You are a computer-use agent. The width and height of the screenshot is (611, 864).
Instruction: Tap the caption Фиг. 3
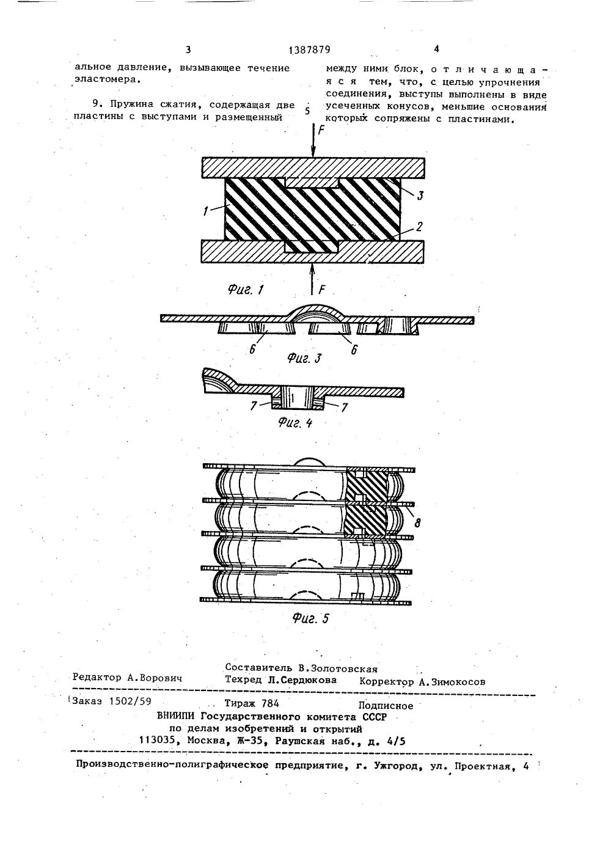click(x=304, y=359)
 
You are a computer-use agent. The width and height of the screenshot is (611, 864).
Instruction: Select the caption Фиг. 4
click(x=295, y=422)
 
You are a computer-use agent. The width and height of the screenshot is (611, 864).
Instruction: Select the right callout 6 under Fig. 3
click(x=354, y=351)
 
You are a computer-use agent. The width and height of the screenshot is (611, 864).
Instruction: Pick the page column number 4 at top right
click(x=436, y=49)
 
